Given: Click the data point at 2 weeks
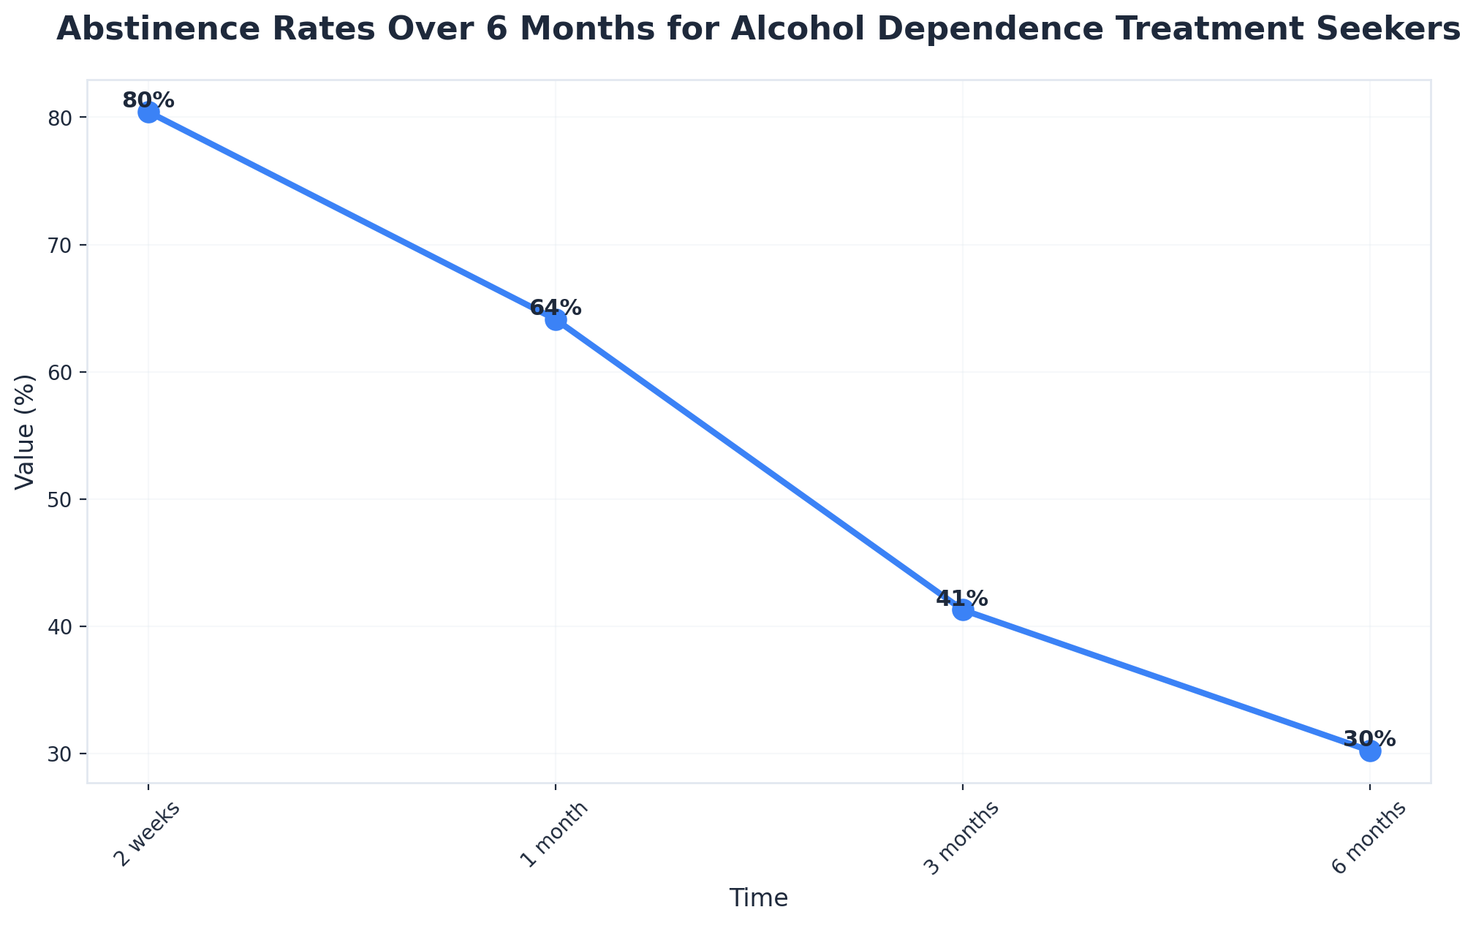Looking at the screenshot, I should click(x=148, y=113).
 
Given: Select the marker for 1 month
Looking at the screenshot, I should click(x=556, y=320).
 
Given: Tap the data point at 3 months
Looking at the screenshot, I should click(x=963, y=610).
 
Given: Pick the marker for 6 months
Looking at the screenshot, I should click(x=1370, y=751).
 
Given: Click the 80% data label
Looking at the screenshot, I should click(x=148, y=101).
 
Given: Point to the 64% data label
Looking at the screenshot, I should click(x=556, y=308).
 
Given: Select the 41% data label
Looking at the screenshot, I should click(x=962, y=599).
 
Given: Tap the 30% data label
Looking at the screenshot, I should click(x=1369, y=739).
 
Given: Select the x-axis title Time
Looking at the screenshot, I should click(x=758, y=898).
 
